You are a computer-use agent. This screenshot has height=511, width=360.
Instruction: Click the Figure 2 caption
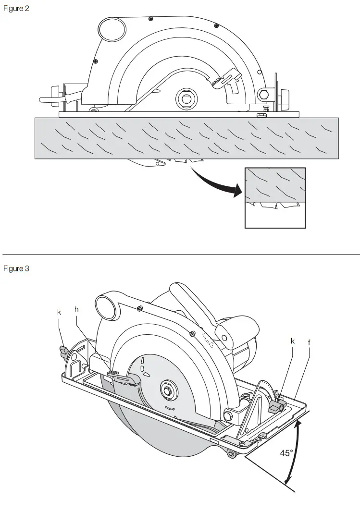pyautogui.click(x=16, y=9)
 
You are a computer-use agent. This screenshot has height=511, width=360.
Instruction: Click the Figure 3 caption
pyautogui.click(x=16, y=268)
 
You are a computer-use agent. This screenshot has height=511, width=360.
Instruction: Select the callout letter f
pyautogui.click(x=309, y=342)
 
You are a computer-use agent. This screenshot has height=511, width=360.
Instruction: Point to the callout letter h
pyautogui.click(x=76, y=310)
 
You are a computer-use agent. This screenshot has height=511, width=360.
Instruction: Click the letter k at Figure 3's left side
pyautogui.click(x=59, y=312)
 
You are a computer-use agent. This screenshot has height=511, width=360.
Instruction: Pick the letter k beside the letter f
pyautogui.click(x=293, y=341)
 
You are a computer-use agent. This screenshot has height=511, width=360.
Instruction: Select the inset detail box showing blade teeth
pyautogui.click(x=275, y=197)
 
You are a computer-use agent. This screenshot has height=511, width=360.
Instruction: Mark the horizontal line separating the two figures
pyautogui.click(x=181, y=254)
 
